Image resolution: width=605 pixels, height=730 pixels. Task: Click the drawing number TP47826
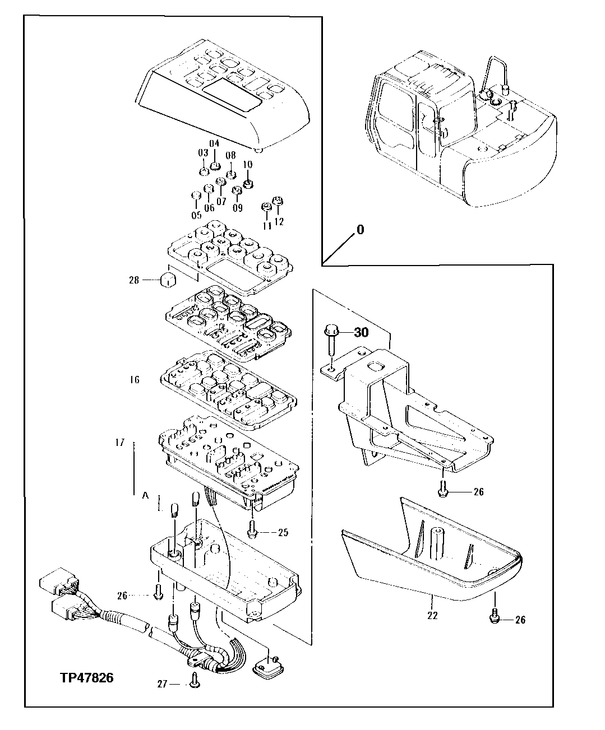point(86,678)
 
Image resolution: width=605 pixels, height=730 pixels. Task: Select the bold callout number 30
point(362,332)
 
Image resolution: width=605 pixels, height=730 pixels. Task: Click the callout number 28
point(133,280)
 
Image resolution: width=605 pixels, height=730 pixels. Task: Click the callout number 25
point(283,532)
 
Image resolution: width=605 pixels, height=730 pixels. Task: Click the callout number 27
point(163,684)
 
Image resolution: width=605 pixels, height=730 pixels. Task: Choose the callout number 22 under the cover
point(432,615)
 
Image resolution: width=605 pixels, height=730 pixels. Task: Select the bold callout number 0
point(360,230)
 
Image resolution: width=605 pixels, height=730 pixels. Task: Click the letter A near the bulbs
point(145,495)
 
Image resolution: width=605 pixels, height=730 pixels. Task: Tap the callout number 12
point(279,221)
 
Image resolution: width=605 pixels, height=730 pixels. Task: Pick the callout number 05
point(196,215)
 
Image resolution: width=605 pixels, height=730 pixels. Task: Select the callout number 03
point(202,153)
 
